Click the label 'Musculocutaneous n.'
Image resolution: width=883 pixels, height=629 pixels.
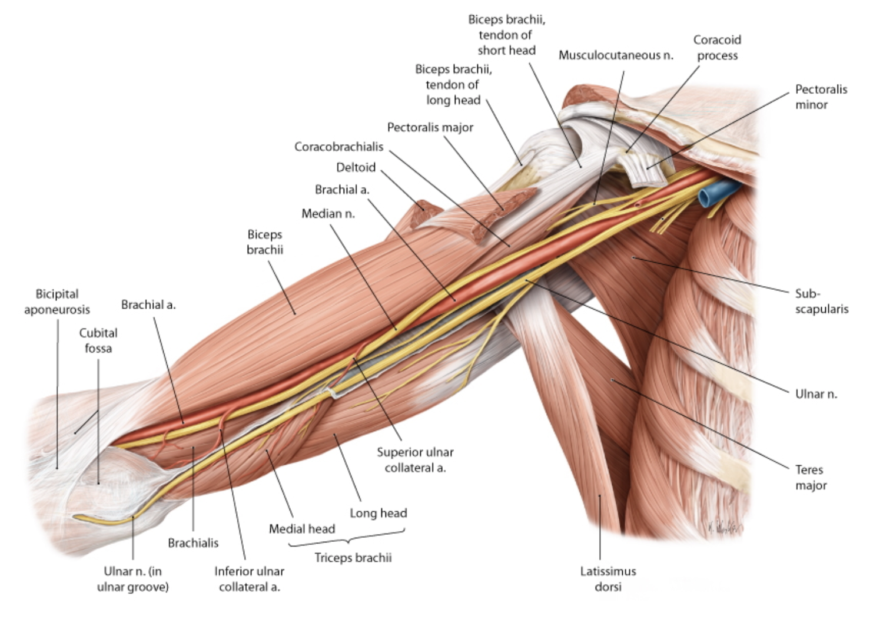pyautogui.click(x=616, y=55)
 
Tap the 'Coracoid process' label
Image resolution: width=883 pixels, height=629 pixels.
pyautogui.click(x=716, y=48)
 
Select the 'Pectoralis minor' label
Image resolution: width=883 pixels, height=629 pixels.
pyautogui.click(x=821, y=97)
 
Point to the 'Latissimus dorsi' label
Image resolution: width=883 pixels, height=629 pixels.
pyautogui.click(x=608, y=578)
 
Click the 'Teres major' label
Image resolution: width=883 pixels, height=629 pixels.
pyautogui.click(x=810, y=478)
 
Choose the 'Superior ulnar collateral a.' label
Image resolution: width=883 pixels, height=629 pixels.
pyautogui.click(x=415, y=460)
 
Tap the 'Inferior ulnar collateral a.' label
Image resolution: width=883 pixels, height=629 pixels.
pyautogui.click(x=249, y=579)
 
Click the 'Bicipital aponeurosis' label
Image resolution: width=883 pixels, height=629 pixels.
pyautogui.click(x=57, y=302)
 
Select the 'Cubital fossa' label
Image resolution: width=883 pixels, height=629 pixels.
pyautogui.click(x=98, y=340)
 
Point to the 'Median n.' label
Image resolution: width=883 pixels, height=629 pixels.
pyautogui.click(x=328, y=214)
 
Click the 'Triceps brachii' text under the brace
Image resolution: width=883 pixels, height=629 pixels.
pyautogui.click(x=353, y=558)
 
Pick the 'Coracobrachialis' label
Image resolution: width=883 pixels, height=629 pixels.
pyautogui.click(x=338, y=147)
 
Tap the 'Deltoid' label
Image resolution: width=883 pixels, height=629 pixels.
pyautogui.click(x=356, y=168)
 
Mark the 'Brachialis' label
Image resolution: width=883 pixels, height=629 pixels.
pyautogui.click(x=193, y=543)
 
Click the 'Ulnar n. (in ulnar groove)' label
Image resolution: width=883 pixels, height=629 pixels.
pyautogui.click(x=132, y=579)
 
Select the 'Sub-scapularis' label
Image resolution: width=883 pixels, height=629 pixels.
pyautogui.click(x=821, y=301)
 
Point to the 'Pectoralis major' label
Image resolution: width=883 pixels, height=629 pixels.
pyautogui.click(x=430, y=128)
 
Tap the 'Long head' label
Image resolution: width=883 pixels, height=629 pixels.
pyautogui.click(x=378, y=513)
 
